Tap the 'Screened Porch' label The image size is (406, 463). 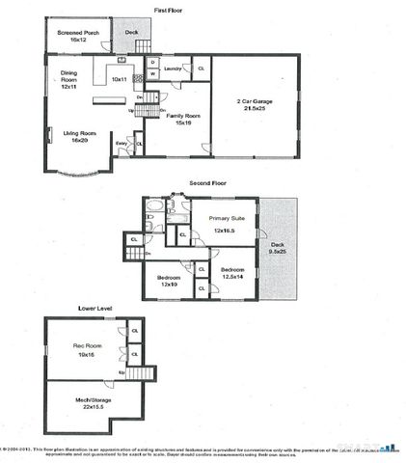[x=76, y=34]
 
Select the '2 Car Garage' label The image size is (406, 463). [x=254, y=101]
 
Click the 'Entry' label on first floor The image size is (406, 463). [x=122, y=144]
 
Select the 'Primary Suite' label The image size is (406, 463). [x=229, y=219]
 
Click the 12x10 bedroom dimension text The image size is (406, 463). [x=171, y=284]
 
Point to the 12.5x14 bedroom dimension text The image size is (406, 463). [x=233, y=276]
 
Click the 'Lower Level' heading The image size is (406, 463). [x=95, y=309]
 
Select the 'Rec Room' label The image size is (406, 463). [x=88, y=346]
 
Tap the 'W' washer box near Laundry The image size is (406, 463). [x=151, y=74]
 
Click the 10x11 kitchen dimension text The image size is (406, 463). [x=120, y=78]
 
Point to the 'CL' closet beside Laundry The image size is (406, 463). [x=200, y=68]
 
